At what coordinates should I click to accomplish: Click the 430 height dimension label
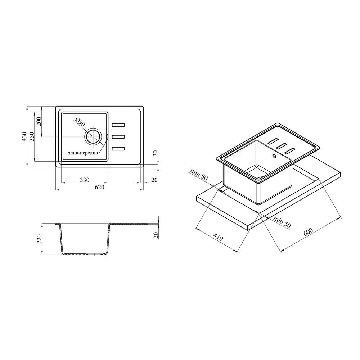[24, 136]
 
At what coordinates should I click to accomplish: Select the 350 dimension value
[32, 136]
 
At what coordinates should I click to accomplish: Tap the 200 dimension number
[39, 121]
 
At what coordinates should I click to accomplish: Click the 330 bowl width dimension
[85, 180]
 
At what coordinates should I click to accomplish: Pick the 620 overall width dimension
[99, 187]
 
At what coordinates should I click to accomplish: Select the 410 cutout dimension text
[218, 237]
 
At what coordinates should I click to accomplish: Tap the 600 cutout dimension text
[308, 232]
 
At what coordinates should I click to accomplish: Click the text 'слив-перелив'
[83, 153]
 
